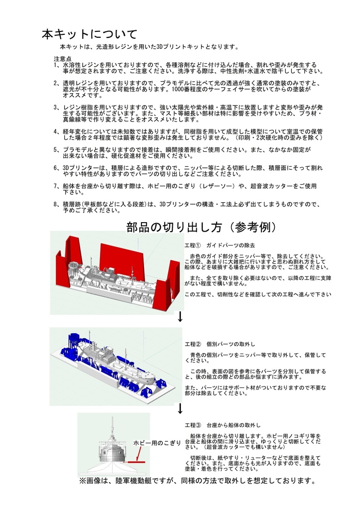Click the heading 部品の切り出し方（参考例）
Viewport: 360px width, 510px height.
click(201, 227)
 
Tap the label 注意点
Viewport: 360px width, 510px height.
click(62, 59)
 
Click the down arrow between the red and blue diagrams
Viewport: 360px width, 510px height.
click(180, 317)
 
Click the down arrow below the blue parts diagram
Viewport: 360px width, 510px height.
click(180, 408)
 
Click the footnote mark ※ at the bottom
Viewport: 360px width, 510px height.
click(83, 481)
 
